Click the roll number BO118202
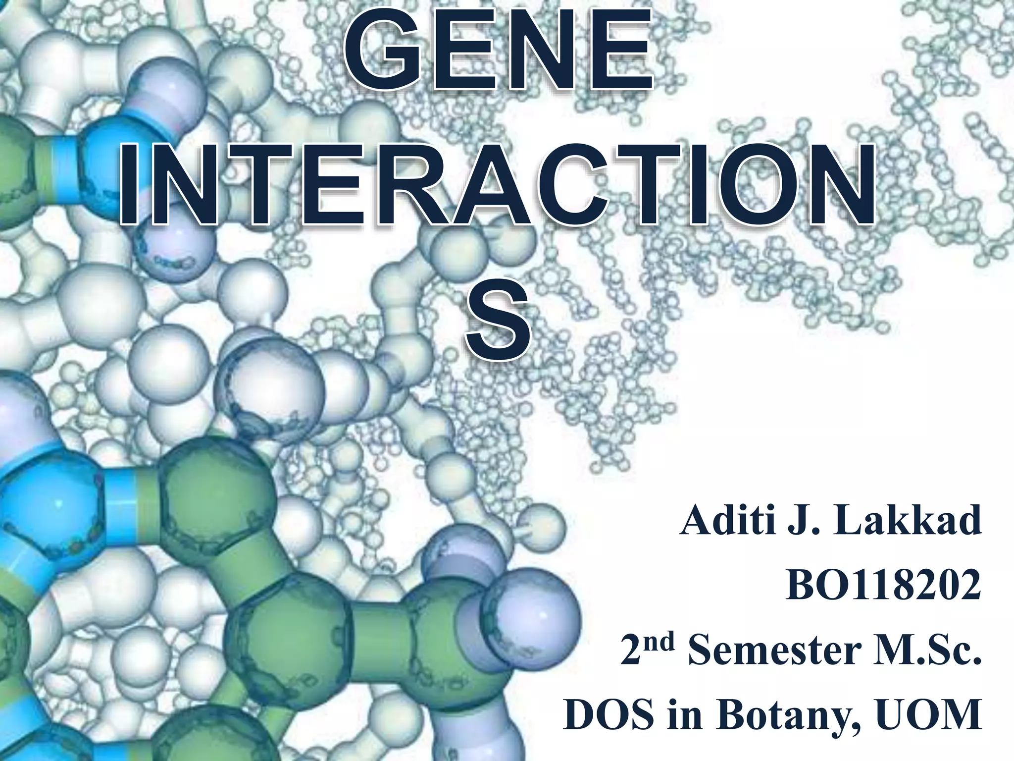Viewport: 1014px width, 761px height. point(883,586)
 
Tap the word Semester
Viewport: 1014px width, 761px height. point(774,651)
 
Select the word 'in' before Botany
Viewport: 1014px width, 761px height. point(685,715)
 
